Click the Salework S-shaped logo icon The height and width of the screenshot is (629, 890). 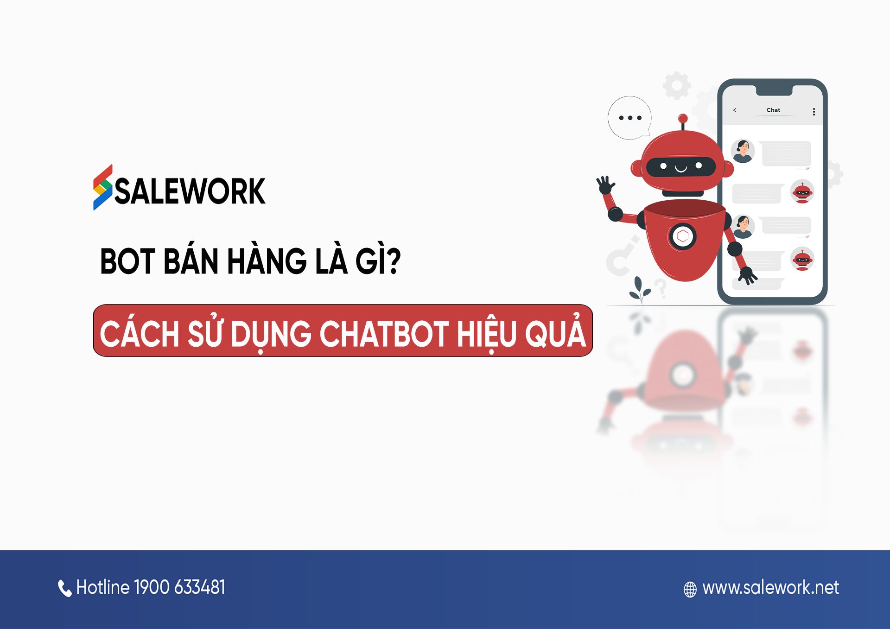point(102,188)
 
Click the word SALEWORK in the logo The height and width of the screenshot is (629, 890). point(190,191)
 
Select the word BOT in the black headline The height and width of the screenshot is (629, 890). point(127,261)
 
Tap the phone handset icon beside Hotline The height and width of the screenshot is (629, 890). point(64,588)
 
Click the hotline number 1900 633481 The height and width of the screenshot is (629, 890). point(179,587)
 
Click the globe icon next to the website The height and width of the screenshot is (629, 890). point(690,589)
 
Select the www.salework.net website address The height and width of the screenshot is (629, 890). point(770,588)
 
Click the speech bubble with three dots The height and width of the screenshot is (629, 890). point(629,118)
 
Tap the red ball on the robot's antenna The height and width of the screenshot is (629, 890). point(683,118)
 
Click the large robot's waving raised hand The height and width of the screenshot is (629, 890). point(605,185)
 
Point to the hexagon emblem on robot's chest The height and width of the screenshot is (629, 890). point(682,236)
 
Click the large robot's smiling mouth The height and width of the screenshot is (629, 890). point(680,168)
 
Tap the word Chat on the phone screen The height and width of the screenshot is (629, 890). point(773,110)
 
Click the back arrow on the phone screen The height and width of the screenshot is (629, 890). point(735,110)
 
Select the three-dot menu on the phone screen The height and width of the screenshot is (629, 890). point(814,112)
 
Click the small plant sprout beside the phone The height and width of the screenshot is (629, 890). point(640,289)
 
